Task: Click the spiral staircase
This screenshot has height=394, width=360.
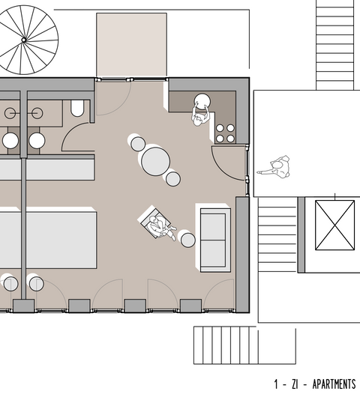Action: tap(28, 37)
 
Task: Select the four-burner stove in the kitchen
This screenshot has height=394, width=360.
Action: tap(225, 133)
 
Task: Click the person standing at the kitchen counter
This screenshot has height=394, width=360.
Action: tap(202, 109)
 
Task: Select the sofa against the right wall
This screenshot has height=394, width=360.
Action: tap(214, 235)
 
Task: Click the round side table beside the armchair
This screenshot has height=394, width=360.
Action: tap(187, 240)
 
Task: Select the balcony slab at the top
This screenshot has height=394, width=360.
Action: tap(131, 45)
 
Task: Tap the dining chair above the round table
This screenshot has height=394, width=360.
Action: tap(137, 142)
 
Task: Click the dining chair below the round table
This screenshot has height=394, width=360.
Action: tap(173, 178)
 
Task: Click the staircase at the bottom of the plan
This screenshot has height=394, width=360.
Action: tap(225, 345)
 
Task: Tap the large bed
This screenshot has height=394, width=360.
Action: tap(49, 238)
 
